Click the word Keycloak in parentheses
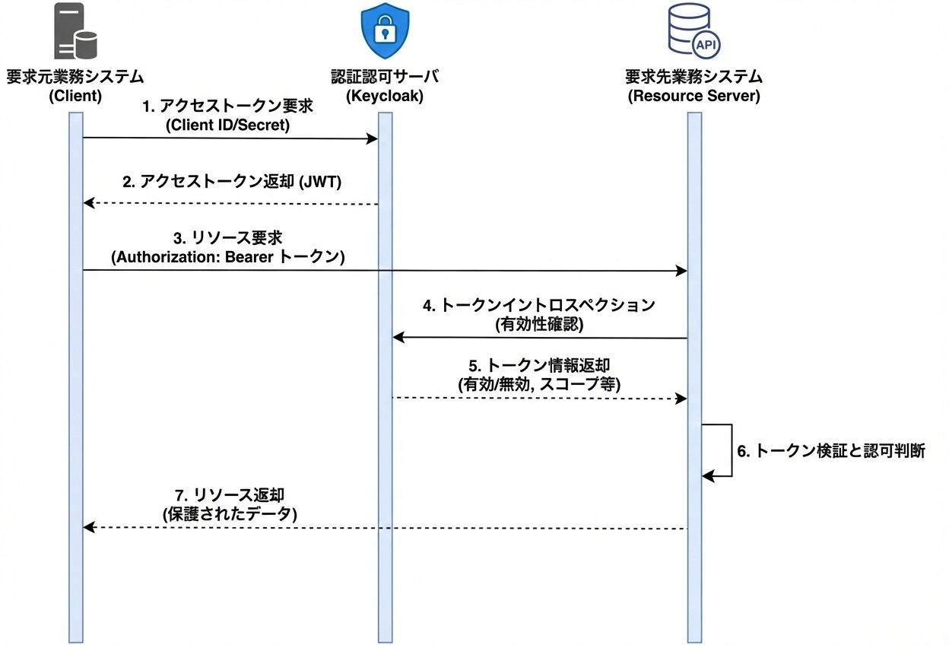pyautogui.click(x=385, y=97)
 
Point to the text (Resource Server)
pyautogui.click(x=693, y=97)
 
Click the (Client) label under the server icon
pyautogui.click(x=75, y=97)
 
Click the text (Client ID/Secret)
pyautogui.click(x=228, y=125)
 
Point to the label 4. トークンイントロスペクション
pyautogui.click(x=539, y=306)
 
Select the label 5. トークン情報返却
pyautogui.click(x=539, y=366)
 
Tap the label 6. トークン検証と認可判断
pyautogui.click(x=831, y=450)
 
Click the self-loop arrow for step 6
pyautogui.click(x=730, y=450)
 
